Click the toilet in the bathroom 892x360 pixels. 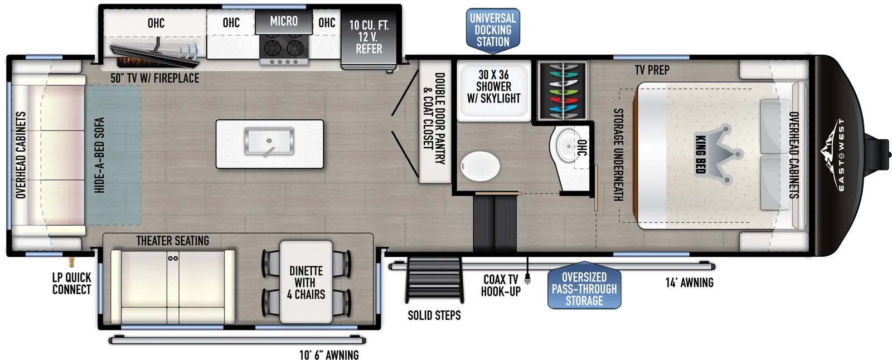480,166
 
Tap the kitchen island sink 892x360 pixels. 269,142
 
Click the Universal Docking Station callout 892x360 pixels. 493,30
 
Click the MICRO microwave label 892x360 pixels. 284,21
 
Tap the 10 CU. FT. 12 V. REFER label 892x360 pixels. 369,37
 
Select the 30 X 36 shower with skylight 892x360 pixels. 494,90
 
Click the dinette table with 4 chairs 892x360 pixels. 306,282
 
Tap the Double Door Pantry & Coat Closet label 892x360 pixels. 434,118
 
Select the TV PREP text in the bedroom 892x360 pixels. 652,70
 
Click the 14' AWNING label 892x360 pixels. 689,283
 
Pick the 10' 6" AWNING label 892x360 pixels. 329,355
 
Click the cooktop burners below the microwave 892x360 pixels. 284,49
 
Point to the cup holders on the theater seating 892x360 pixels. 173,258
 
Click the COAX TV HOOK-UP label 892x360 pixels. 501,285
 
